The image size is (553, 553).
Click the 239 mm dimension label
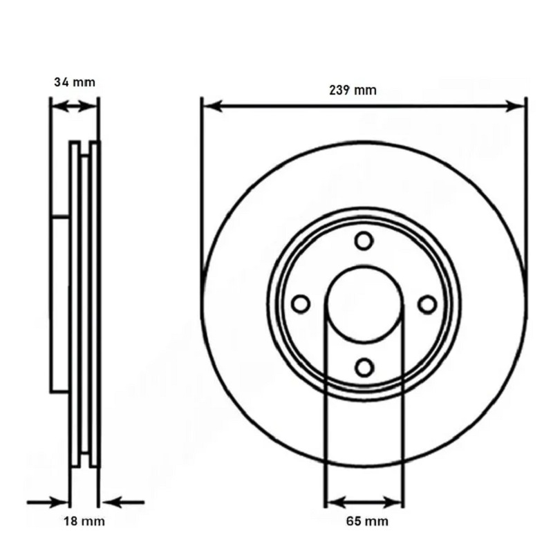tap(353, 91)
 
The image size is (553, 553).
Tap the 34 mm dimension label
tap(75, 82)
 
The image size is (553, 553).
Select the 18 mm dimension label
tap(84, 521)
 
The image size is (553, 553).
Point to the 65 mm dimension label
tap(367, 521)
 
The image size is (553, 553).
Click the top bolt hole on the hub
tap(364, 241)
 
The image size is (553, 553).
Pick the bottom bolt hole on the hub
tap(364, 368)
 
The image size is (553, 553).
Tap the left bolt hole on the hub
tap(301, 304)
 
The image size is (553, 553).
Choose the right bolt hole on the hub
tap(427, 304)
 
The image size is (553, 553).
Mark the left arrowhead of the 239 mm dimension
tap(213, 106)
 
